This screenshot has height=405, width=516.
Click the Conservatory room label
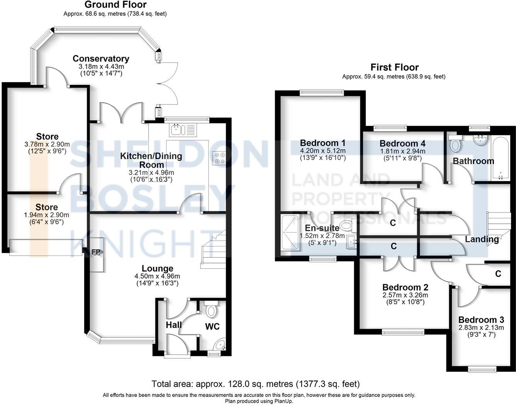[x=101, y=59]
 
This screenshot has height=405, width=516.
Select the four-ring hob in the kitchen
[x=220, y=158]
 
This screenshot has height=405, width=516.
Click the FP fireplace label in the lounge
[x=96, y=252]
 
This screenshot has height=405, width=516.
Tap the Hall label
[x=174, y=325]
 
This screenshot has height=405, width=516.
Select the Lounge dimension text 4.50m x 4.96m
[x=157, y=276]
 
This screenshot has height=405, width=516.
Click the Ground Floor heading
[x=115, y=5]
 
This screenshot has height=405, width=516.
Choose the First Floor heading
[x=394, y=67]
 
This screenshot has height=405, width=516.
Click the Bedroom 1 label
[x=322, y=143]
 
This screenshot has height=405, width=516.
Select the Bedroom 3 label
[x=481, y=320]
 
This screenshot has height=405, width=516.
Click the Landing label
[x=481, y=239]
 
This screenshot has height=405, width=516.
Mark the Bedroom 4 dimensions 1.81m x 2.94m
[x=402, y=151]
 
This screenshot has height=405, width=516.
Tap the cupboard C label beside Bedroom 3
[x=498, y=274]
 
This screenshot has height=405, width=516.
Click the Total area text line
[x=256, y=384]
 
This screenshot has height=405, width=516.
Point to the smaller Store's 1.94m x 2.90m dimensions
[x=47, y=215]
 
